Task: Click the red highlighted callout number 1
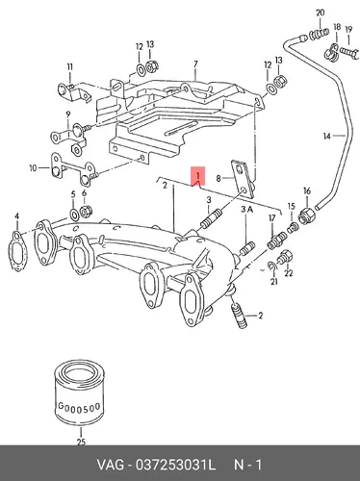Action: coord(198,176)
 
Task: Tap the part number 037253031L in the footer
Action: coord(175,465)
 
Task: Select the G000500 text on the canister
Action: coord(79,407)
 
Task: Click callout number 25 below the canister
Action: coord(81,443)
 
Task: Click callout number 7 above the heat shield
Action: coord(195,64)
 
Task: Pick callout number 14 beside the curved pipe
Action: coord(326,137)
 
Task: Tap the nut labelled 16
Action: coord(307,216)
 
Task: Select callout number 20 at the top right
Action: coord(321,13)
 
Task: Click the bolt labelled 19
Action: coord(348,51)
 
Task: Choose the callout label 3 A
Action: coord(246,210)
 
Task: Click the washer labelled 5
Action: coord(74,214)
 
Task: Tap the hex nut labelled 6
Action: coord(86,212)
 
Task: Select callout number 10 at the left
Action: coord(34,168)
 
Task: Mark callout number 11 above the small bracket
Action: coord(70,67)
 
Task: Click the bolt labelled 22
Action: coord(285,257)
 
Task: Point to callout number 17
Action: coord(272,218)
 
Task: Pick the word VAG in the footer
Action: coord(110,465)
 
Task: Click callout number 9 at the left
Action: coord(68,114)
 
